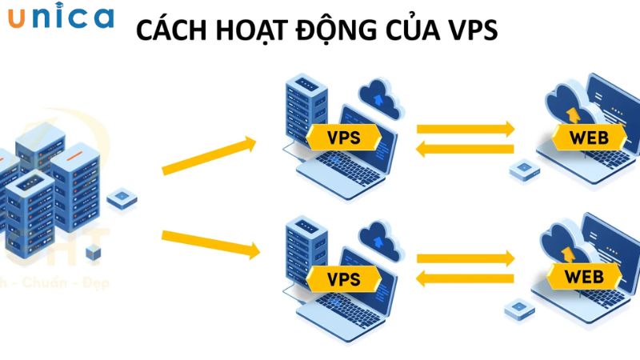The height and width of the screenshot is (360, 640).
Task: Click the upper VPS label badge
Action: (343, 137)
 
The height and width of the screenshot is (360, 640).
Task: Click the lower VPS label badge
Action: (343, 279)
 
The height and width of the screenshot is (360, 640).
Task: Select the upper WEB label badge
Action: (588, 137)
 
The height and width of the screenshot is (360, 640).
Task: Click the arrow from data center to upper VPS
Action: (210, 157)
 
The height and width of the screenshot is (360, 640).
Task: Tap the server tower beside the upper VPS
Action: (300, 108)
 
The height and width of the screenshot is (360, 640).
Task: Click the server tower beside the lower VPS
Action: (300, 250)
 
